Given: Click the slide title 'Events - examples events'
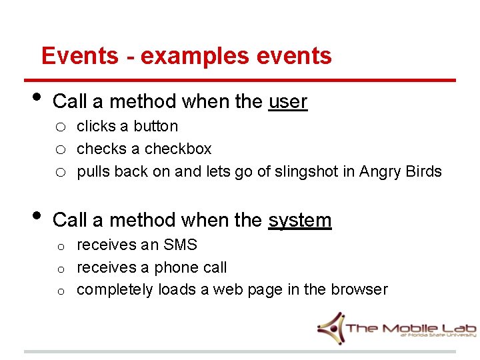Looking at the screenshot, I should pos(186,55).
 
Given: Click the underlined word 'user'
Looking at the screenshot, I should pos(287,102).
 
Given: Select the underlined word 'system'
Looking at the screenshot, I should pos(299,220).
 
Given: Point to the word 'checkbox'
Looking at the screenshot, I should pos(178,149).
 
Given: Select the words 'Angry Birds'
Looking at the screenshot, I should pos(400,171).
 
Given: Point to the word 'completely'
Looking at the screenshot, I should pos(115,289).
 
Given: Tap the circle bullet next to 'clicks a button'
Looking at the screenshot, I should pos(60,127).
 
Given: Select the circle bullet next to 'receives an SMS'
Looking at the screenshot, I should pos(60,247).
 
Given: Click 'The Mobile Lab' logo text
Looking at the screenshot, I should pos(411,327).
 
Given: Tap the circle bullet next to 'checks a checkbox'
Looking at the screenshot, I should pos(60,150).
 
